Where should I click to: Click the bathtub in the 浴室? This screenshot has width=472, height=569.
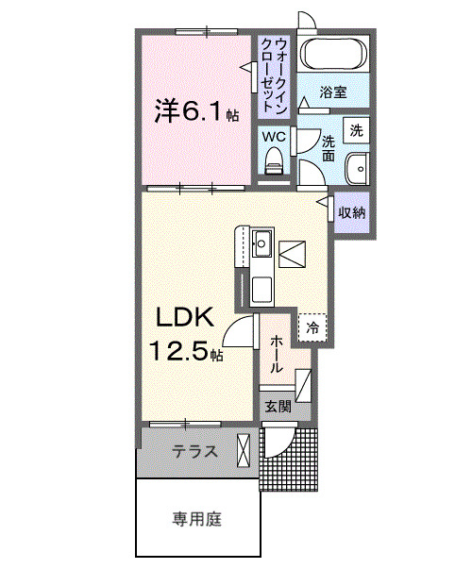pos(333,56)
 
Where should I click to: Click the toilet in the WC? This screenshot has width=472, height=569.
pos(275,165)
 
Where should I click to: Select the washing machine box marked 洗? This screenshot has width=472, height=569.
pos(356,128)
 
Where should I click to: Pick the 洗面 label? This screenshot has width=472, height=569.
pos(328,148)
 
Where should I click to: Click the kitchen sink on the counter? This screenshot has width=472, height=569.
pos(261,247)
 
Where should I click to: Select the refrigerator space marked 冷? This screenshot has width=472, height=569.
pos(312,327)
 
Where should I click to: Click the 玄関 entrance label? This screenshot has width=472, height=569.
pos(277,407)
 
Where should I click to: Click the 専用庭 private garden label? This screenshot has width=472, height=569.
pos(197,518)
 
